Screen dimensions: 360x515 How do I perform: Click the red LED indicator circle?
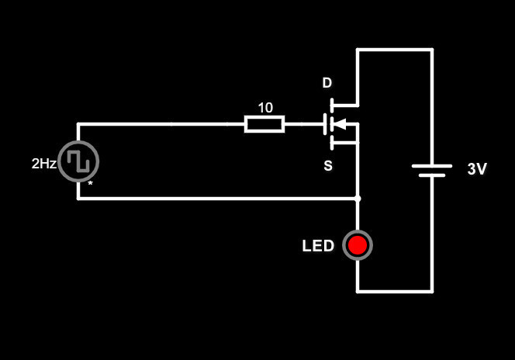click(x=358, y=245)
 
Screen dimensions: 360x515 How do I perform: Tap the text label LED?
click(x=318, y=247)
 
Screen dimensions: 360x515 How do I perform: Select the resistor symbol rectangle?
click(x=264, y=124)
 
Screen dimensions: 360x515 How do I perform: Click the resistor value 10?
click(x=265, y=108)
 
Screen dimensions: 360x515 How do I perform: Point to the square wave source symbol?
click(x=78, y=161)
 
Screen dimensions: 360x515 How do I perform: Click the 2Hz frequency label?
click(x=43, y=164)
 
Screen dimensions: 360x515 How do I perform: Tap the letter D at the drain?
click(x=327, y=83)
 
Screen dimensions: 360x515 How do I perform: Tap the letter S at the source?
click(x=328, y=166)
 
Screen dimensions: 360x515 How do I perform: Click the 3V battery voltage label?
click(x=477, y=169)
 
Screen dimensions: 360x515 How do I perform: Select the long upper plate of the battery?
click(x=432, y=165)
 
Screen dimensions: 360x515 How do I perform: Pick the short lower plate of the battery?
click(x=432, y=175)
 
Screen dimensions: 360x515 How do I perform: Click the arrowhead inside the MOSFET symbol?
click(x=339, y=124)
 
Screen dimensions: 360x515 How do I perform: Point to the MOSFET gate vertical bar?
click(x=324, y=124)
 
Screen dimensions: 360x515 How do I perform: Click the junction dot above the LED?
click(x=358, y=199)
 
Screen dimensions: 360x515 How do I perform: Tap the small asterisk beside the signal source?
click(x=90, y=184)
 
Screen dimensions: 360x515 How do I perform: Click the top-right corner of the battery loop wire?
click(x=432, y=50)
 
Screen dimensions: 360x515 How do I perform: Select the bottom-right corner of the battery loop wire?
click(x=432, y=292)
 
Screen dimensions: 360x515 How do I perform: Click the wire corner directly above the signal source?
click(x=78, y=124)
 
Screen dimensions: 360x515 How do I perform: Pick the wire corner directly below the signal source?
click(x=78, y=199)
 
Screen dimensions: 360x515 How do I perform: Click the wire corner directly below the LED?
click(x=358, y=292)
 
